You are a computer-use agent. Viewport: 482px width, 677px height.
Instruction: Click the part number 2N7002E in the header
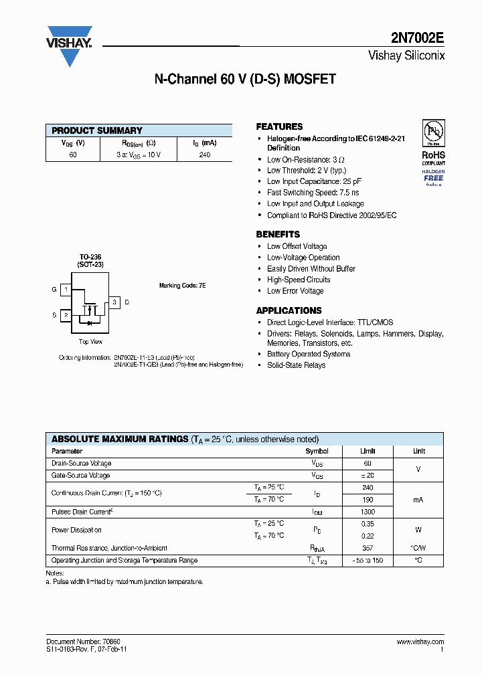pyautogui.click(x=418, y=39)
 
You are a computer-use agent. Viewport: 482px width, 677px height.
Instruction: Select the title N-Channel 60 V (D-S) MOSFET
pyautogui.click(x=245, y=80)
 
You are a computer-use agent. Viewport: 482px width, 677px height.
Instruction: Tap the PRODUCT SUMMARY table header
pyautogui.click(x=97, y=130)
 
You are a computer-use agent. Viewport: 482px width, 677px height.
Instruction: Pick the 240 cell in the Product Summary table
pyautogui.click(x=205, y=155)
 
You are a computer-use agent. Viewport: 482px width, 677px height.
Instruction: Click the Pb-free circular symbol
pyautogui.click(x=433, y=132)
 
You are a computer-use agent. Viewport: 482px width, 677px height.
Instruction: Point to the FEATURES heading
pyautogui.click(x=279, y=126)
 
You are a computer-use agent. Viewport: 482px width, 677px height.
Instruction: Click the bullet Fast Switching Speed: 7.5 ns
pyautogui.click(x=313, y=193)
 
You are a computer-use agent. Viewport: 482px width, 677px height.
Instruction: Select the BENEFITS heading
pyautogui.click(x=278, y=234)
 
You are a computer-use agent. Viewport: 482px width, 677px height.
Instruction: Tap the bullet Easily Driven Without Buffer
pyautogui.click(x=311, y=269)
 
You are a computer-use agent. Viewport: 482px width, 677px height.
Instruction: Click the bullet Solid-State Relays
pyautogui.click(x=296, y=365)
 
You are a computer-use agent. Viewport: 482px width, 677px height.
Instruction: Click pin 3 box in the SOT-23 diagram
pyautogui.click(x=114, y=302)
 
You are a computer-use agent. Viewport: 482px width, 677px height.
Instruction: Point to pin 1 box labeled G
pyautogui.click(x=66, y=290)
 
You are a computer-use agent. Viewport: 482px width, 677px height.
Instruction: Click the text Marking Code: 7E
pyautogui.click(x=182, y=286)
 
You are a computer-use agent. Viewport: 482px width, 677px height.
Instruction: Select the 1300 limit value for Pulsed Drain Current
pyautogui.click(x=367, y=512)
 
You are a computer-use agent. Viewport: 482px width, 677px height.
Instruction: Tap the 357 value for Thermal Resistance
pyautogui.click(x=367, y=548)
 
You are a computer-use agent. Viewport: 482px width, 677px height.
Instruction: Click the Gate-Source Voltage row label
pyautogui.click(x=81, y=476)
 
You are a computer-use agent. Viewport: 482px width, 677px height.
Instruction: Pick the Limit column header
pyautogui.click(x=367, y=452)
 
